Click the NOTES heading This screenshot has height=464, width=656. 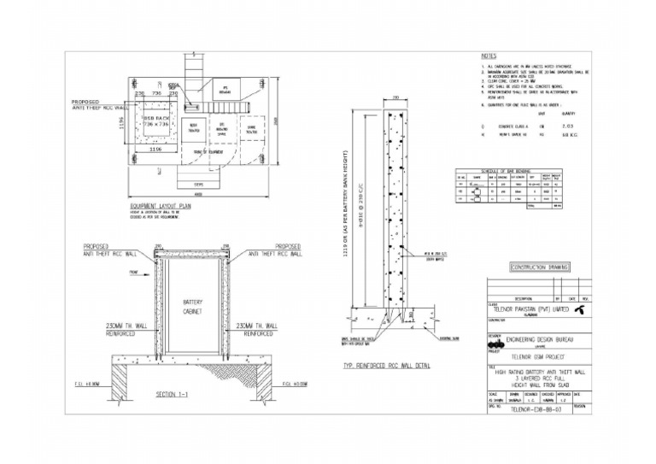(490, 56)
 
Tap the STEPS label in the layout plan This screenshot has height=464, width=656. (197, 183)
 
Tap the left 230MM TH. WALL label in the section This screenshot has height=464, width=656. (106, 329)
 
